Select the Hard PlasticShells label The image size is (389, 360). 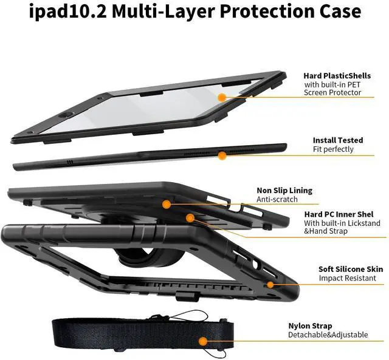coord(338,76)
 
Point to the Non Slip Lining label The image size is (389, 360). coord(284,190)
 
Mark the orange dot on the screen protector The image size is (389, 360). coord(222,97)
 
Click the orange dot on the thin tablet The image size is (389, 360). coord(222,156)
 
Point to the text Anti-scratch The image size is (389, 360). coord(277,199)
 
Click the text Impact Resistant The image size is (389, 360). coord(345,278)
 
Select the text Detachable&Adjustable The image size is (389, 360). coord(328,335)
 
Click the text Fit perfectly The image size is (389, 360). coord(333,149)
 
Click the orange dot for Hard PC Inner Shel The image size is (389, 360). coord(190,217)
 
